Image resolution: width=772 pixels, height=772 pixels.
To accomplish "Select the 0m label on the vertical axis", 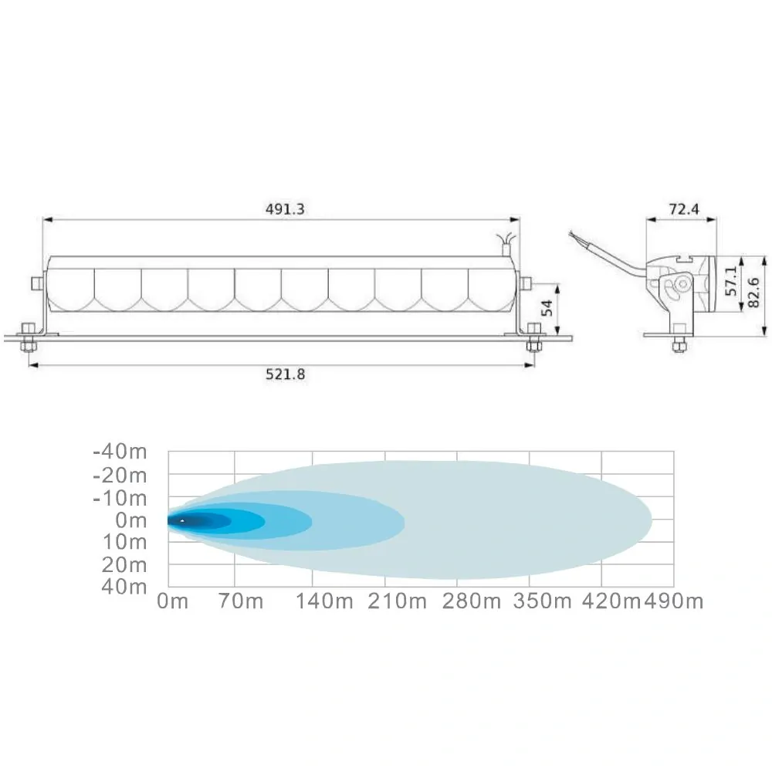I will click(130, 521).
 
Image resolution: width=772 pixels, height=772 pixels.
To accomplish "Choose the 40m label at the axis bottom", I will click(127, 587).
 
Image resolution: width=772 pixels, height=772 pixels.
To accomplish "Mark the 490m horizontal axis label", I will click(673, 601).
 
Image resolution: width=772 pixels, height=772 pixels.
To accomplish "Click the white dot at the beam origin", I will click(182, 522).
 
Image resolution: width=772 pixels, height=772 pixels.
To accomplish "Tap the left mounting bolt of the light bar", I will click(28, 339).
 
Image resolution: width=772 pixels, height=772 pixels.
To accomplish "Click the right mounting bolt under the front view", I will click(533, 340).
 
